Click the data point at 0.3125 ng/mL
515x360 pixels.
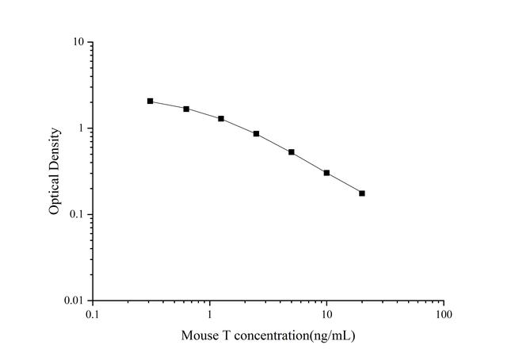click(150, 101)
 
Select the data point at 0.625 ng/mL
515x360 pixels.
click(186, 109)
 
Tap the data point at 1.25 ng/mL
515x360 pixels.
click(221, 119)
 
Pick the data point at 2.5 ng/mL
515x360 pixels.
click(256, 134)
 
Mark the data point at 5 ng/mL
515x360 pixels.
click(292, 152)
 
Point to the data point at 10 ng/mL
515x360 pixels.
click(326, 173)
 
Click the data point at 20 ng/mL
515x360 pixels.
click(362, 193)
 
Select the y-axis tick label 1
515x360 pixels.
click(82, 128)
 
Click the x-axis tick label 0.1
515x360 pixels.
click(93, 315)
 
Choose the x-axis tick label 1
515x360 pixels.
click(210, 315)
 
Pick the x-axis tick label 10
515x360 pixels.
click(326, 315)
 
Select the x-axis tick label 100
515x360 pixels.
click(444, 315)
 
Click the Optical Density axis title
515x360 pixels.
click(55, 171)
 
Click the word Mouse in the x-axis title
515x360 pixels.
click(198, 335)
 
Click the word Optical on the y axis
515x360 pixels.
click(55, 194)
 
